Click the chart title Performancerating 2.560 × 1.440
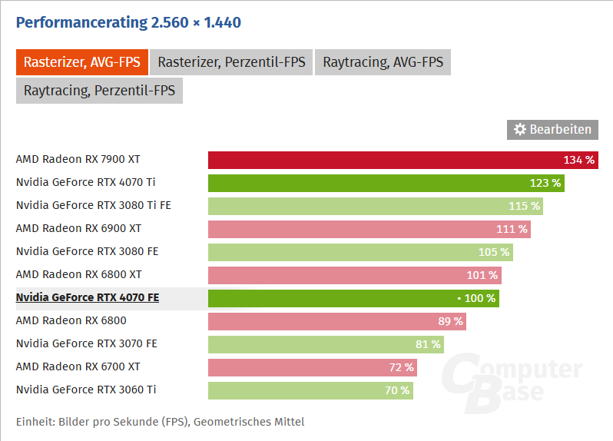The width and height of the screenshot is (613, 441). click(128, 22)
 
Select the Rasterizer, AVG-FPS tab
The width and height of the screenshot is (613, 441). click(81, 62)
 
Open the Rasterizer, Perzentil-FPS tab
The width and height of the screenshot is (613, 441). click(231, 62)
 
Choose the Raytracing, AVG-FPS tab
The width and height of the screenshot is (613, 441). click(383, 62)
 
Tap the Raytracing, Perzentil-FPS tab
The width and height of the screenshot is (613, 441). click(99, 91)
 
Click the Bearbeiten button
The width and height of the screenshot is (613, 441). click(552, 129)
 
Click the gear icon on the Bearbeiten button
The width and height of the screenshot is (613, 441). click(519, 129)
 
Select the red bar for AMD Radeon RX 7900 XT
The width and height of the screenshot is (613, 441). click(384, 160)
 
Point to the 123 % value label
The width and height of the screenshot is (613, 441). click(545, 183)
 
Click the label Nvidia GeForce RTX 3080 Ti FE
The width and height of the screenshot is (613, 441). click(92, 205)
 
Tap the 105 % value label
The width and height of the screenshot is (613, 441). click(494, 252)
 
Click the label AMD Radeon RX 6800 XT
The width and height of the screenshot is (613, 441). click(78, 274)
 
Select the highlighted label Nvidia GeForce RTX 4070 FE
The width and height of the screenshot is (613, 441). click(88, 297)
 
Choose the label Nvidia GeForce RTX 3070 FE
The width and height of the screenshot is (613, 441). click(86, 343)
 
